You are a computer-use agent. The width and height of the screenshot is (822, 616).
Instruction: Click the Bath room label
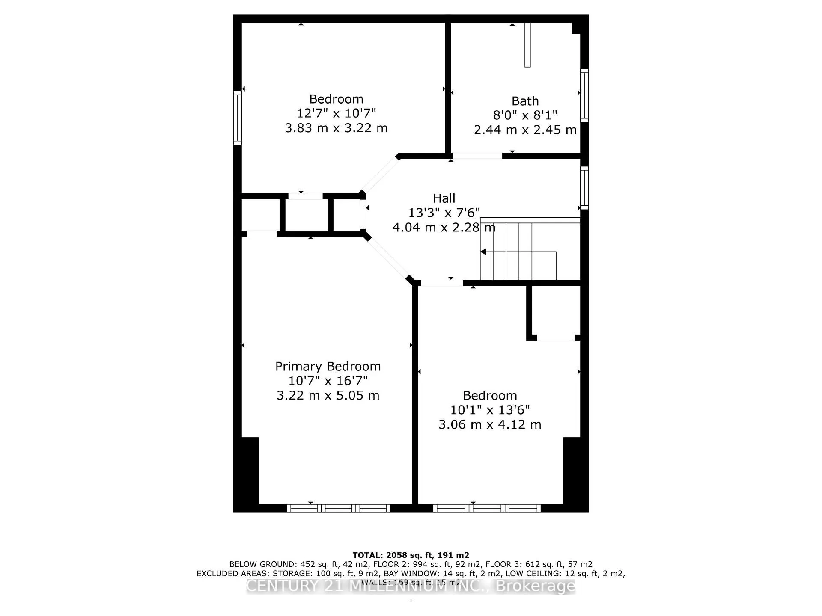525,101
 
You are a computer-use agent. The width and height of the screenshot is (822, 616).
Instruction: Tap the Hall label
444,198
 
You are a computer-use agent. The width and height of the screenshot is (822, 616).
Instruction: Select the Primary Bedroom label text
328,366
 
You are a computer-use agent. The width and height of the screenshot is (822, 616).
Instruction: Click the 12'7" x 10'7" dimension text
336,113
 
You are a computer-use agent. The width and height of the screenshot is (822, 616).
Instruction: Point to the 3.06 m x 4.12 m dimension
490,424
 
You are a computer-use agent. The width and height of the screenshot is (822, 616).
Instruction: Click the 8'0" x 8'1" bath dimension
525,115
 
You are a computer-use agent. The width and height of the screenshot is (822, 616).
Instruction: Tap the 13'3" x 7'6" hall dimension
444,213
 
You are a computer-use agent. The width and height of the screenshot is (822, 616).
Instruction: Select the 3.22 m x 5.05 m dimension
328,395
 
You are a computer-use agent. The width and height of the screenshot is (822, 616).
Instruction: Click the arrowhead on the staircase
484,252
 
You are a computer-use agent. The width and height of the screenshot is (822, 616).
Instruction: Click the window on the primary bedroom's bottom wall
338,508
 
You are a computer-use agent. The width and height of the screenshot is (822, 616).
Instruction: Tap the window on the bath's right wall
584,95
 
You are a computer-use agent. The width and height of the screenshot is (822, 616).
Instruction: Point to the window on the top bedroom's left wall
238,117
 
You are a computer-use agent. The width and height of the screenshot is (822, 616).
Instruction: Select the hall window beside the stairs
584,188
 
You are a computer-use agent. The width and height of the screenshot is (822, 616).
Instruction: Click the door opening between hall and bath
477,156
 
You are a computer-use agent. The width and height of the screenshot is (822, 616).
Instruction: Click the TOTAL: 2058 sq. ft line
411,555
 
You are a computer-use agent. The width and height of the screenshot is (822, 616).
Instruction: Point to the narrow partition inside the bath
527,45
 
